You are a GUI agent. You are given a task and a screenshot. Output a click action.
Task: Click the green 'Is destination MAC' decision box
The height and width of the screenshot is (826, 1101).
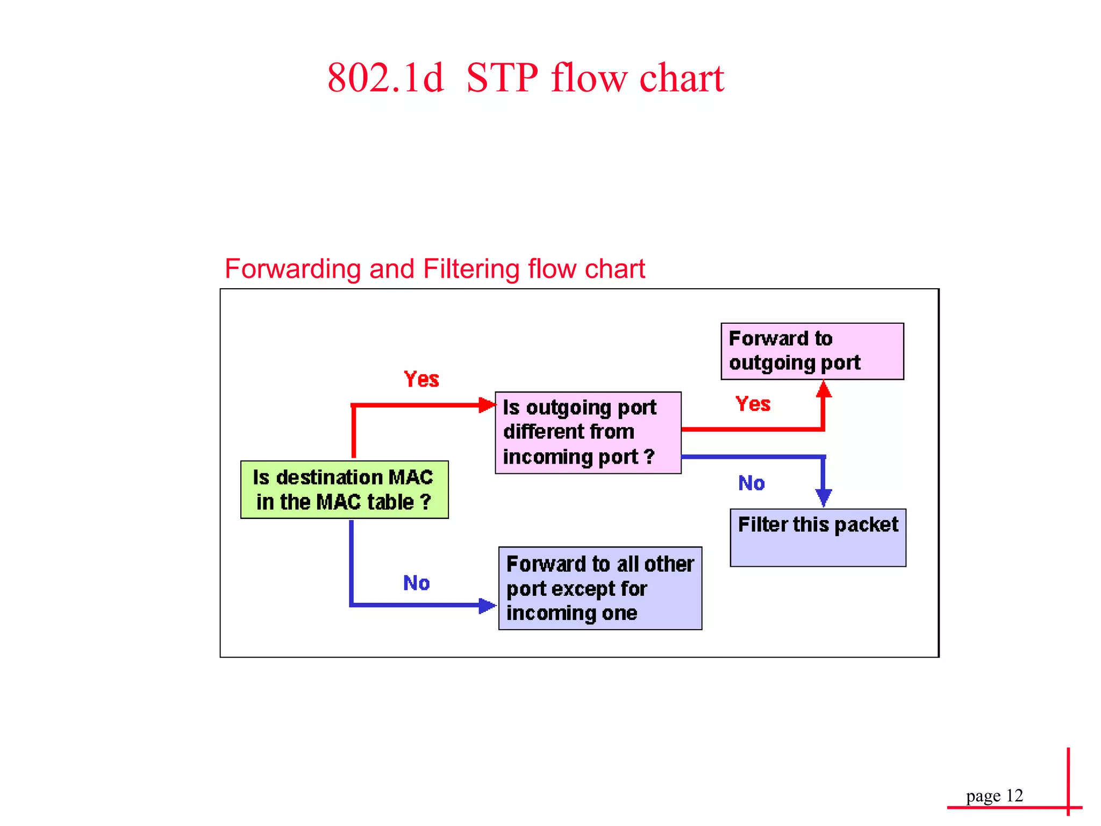tap(344, 489)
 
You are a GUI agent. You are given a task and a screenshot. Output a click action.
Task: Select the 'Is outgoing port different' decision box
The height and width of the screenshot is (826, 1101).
tap(588, 432)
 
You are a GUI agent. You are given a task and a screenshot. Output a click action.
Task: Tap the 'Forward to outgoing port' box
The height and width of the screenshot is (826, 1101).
tap(812, 351)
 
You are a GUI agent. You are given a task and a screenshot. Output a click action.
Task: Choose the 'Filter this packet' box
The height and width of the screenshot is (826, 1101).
tap(818, 537)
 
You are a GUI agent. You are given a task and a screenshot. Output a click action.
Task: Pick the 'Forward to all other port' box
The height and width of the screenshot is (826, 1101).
tap(600, 588)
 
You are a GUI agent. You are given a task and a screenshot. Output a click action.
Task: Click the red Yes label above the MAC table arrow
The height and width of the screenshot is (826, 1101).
tap(421, 379)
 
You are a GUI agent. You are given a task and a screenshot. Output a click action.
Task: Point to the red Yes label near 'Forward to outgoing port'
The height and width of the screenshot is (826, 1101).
tap(753, 404)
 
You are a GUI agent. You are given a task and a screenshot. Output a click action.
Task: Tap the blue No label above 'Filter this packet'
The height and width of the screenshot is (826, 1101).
tap(751, 483)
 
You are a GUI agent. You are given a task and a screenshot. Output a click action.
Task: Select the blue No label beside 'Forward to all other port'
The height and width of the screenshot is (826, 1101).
tap(416, 583)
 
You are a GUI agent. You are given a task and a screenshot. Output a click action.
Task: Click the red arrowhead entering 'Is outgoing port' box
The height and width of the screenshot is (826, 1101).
tap(487, 405)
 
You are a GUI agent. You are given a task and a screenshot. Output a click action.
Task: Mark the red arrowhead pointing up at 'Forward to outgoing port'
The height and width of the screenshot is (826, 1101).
tap(824, 389)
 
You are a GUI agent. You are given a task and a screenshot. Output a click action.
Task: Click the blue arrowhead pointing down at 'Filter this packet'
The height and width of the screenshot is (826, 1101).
tap(824, 497)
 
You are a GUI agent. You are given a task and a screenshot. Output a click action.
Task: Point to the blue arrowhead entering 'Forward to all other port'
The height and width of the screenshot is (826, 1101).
tap(487, 606)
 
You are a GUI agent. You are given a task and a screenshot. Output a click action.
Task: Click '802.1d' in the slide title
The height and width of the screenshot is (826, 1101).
tap(385, 78)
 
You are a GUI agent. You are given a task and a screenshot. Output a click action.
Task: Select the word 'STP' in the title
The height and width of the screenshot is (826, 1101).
tap(502, 78)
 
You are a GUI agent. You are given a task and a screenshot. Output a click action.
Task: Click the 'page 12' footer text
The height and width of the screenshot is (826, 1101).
tap(994, 795)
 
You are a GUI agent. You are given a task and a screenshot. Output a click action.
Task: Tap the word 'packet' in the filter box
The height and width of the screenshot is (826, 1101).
tap(866, 525)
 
